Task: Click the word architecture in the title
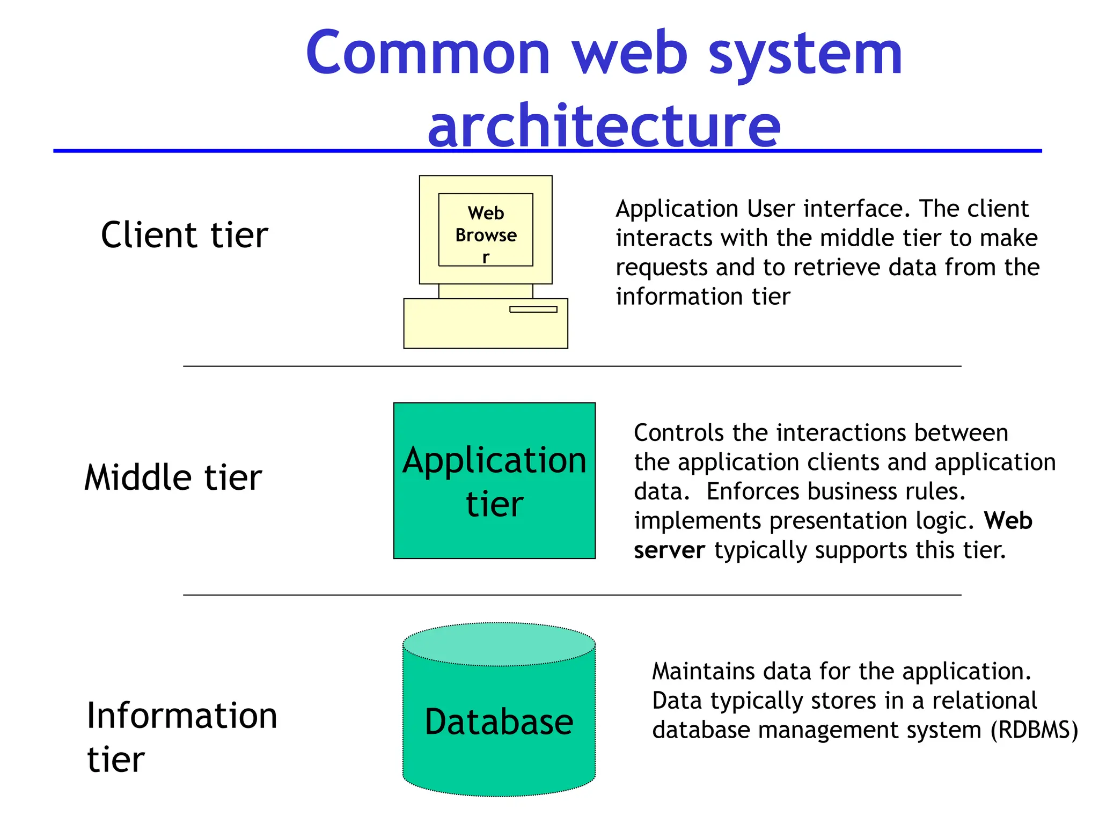[x=604, y=127]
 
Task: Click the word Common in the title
[x=428, y=54]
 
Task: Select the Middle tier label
[x=173, y=477]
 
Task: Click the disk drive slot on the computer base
[x=533, y=309]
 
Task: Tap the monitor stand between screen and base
[x=485, y=291]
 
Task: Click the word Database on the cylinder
[x=499, y=722]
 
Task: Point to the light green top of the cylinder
[x=499, y=644]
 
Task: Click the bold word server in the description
[x=669, y=550]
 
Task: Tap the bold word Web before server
[x=1008, y=521]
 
